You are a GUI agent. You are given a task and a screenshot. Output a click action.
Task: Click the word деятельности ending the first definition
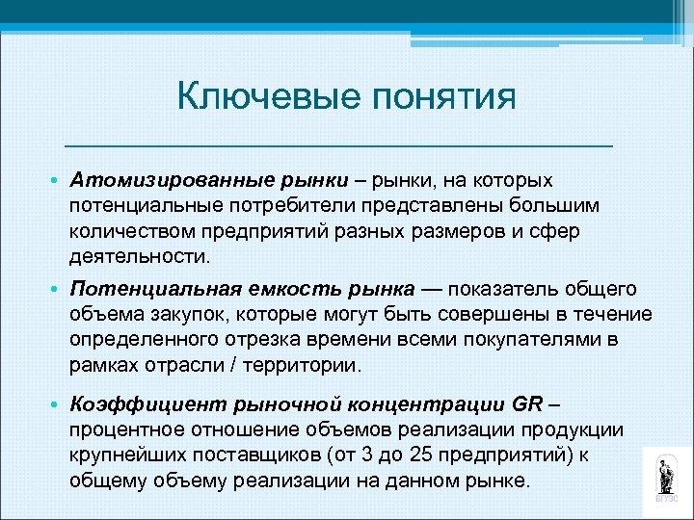click(138, 258)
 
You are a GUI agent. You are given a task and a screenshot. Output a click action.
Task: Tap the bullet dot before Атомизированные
click(57, 182)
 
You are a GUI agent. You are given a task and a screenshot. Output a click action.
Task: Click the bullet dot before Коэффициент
click(57, 403)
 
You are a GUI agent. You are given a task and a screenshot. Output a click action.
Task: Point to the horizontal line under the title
click(337, 144)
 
